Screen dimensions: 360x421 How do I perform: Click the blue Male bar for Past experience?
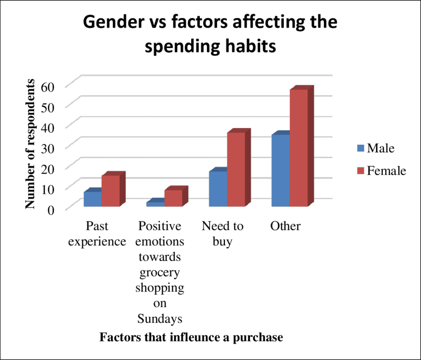(x=93, y=199)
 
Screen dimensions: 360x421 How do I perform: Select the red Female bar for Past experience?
(x=110, y=191)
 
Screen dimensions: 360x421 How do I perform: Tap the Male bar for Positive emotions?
(x=155, y=203)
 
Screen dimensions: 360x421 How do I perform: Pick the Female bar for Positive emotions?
(x=173, y=198)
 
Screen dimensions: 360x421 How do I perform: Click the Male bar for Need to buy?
(x=218, y=188)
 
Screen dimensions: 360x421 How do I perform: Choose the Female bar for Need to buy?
(x=236, y=169)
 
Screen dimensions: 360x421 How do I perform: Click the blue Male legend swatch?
(x=360, y=148)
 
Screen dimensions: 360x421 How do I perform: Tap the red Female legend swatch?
(x=360, y=171)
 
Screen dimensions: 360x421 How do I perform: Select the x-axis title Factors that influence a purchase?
(x=191, y=338)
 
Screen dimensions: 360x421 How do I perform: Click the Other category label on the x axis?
(x=285, y=226)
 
